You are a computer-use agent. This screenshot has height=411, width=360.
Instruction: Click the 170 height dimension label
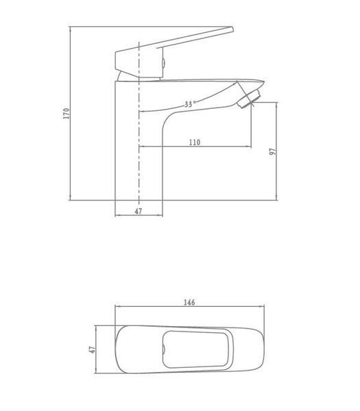67,113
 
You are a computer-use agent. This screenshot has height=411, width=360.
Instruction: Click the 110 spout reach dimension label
195,142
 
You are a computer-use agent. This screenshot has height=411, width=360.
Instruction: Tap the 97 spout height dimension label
273,151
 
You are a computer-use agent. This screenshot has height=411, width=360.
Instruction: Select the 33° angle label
190,104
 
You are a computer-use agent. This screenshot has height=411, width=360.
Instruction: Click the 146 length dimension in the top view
189,302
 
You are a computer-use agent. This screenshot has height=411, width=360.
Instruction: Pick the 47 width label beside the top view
93,349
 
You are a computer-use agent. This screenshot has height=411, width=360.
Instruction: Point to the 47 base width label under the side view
139,211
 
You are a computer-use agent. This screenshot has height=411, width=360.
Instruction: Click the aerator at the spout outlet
248,99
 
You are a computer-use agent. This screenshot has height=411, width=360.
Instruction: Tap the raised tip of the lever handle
232,29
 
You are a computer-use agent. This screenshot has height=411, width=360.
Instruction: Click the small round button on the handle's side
163,63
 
